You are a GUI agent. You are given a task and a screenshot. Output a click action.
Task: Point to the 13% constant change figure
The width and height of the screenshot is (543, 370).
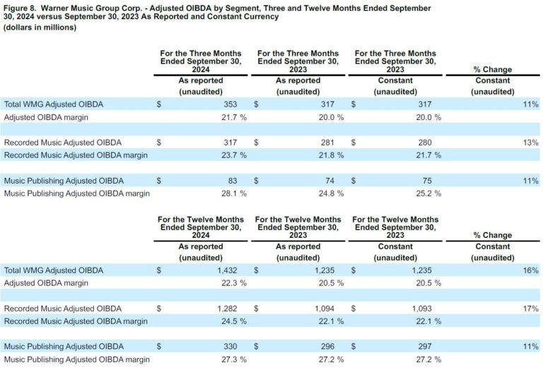(531, 142)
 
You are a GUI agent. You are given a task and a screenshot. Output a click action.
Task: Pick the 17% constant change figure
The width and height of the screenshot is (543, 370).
(531, 309)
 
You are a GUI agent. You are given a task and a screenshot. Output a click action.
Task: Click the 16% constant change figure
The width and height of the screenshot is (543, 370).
(531, 270)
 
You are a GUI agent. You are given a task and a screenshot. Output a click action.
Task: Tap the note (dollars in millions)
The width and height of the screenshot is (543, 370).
(40, 28)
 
